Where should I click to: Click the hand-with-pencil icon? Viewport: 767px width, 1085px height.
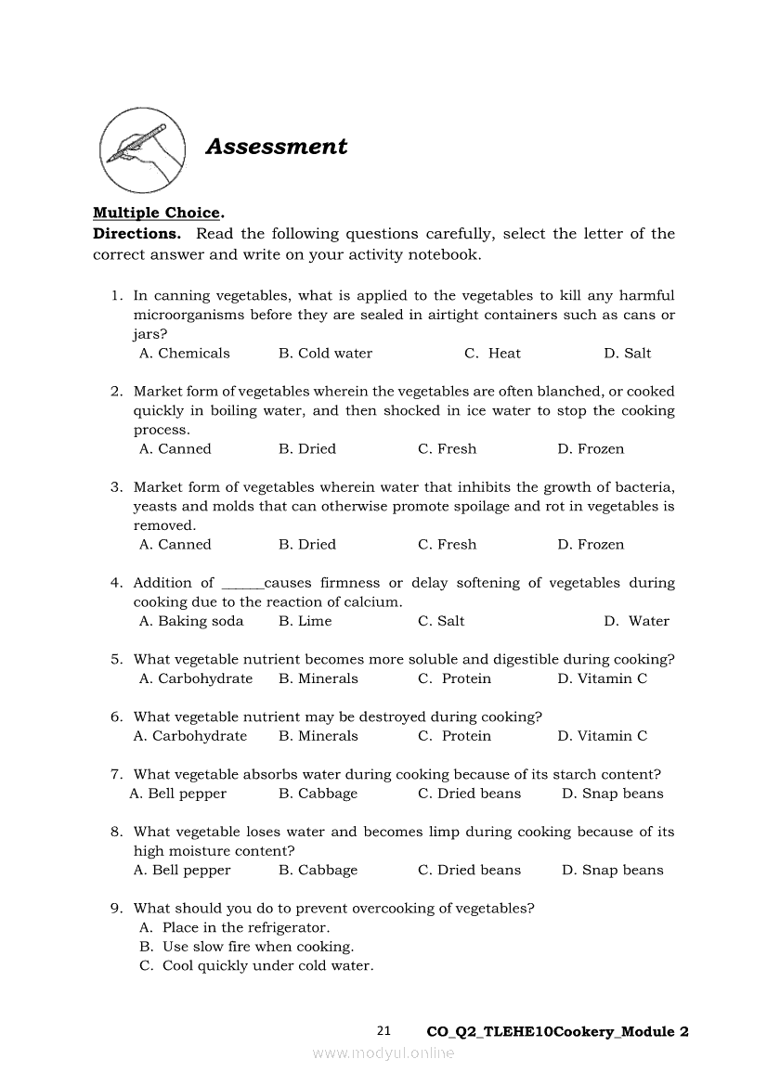tap(140, 149)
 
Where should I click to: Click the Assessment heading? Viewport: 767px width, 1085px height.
tap(276, 147)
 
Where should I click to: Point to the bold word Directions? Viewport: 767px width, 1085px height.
tap(136, 234)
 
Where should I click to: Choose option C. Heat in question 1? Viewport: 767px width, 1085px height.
tap(492, 354)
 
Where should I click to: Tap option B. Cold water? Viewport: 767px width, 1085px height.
tap(325, 354)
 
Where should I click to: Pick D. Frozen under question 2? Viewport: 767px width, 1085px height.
tap(591, 449)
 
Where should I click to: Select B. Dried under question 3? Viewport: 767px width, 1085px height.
tap(307, 545)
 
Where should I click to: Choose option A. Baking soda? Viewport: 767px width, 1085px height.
tap(191, 622)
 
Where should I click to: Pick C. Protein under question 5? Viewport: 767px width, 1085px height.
tap(454, 679)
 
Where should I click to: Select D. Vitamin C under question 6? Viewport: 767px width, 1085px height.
tap(602, 737)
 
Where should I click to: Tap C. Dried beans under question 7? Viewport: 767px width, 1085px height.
tap(469, 794)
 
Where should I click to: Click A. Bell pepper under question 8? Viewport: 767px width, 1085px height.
tap(182, 871)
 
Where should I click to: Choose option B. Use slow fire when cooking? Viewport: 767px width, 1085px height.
tap(246, 948)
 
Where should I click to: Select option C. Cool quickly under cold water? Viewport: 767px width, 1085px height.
tap(256, 966)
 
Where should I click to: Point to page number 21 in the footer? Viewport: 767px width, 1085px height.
tap(384, 1031)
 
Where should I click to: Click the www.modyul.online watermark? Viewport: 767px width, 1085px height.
tap(383, 1053)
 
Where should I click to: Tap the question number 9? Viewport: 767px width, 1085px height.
tap(116, 909)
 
